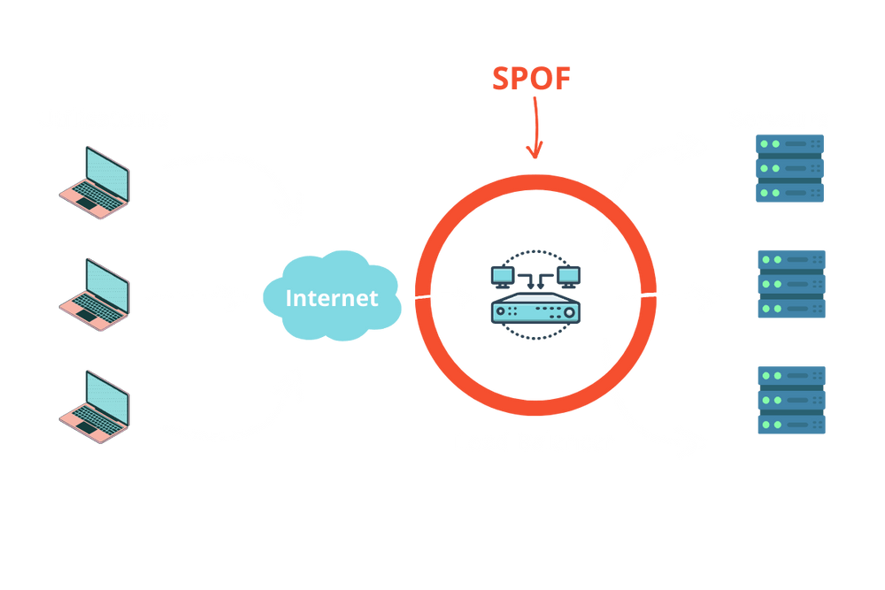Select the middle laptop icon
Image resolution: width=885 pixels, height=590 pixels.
pyautogui.click(x=95, y=295)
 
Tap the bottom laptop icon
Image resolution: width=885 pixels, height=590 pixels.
pyautogui.click(x=95, y=406)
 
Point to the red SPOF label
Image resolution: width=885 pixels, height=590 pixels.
pyautogui.click(x=532, y=79)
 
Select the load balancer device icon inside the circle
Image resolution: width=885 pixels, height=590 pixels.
pyautogui.click(x=535, y=296)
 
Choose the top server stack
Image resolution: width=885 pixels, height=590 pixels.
pyautogui.click(x=789, y=168)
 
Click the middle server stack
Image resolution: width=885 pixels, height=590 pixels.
pyautogui.click(x=791, y=283)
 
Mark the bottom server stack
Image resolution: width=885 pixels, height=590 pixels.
pyautogui.click(x=791, y=400)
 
